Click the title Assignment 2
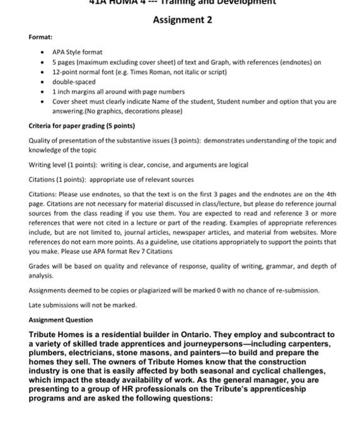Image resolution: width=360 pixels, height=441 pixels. (183, 20)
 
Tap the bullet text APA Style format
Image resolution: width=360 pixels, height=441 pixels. (77, 52)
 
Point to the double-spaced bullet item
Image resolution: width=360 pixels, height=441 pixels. (74, 81)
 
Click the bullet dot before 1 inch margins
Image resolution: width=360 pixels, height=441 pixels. (42, 91)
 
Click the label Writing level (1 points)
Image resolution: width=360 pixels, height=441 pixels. (64, 164)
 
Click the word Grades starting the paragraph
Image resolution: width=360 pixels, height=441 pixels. (39, 266)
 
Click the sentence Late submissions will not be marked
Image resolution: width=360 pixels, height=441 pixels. (83, 305)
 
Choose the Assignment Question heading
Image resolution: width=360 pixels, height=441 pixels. (61, 320)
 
